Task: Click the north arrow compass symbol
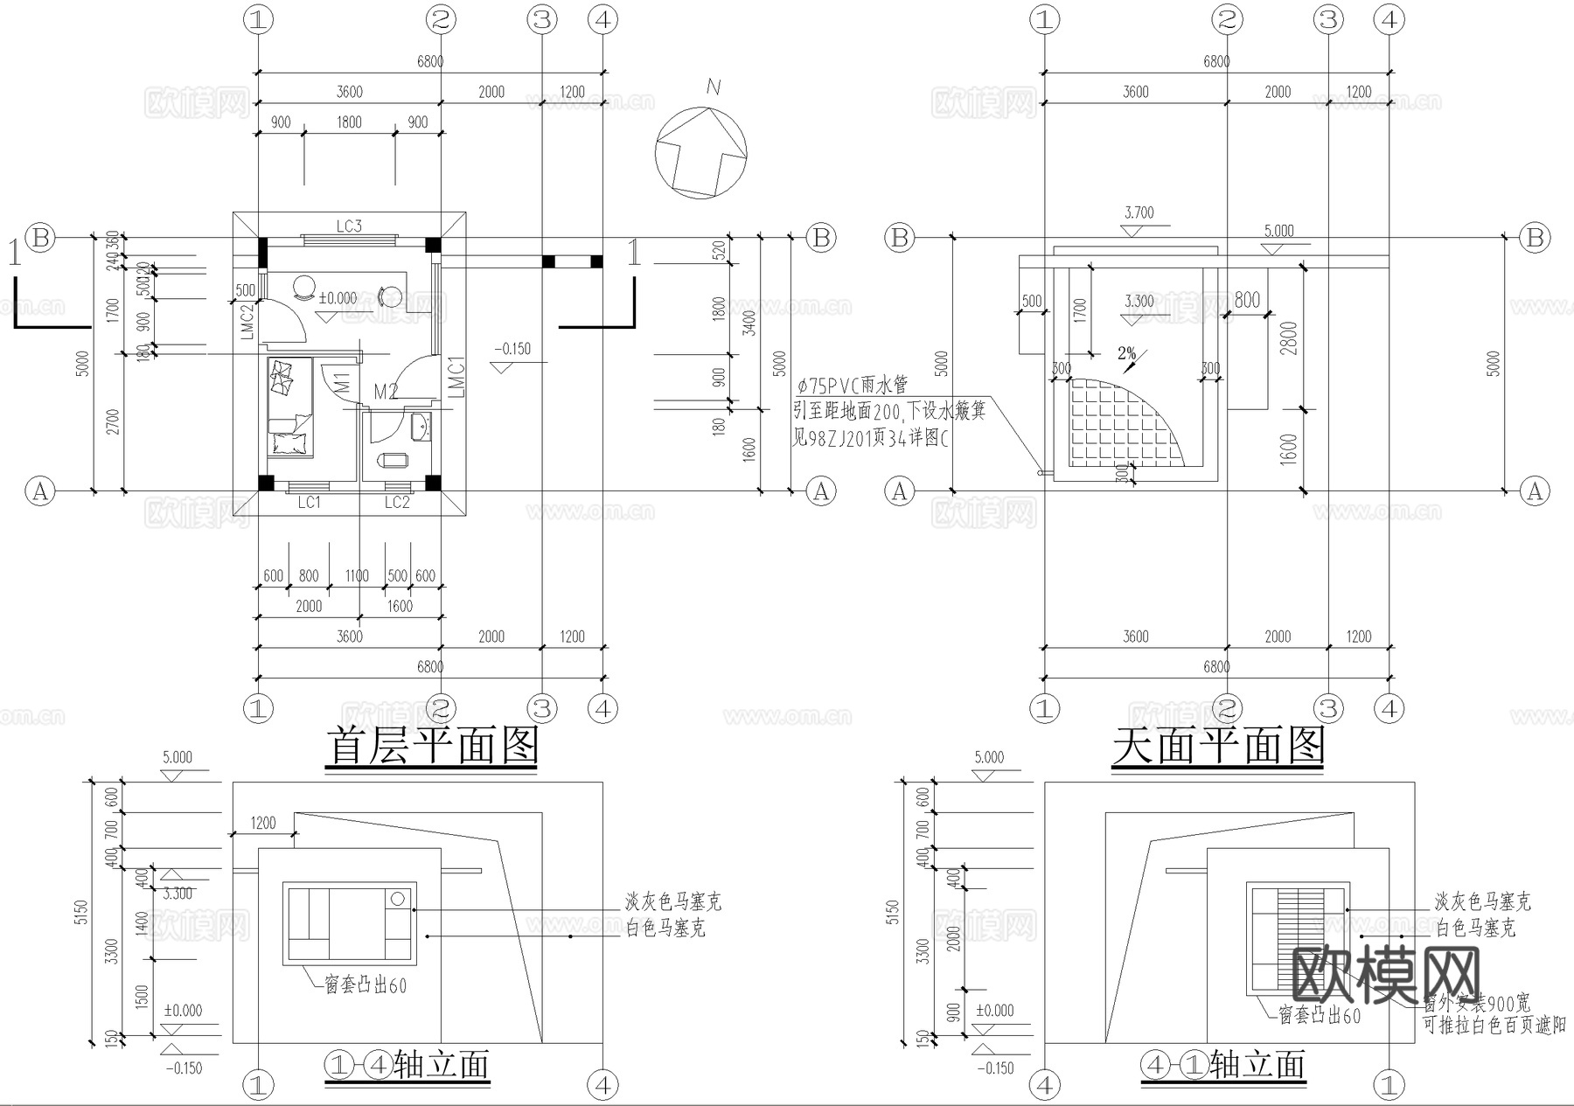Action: (x=701, y=152)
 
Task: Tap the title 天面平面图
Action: (x=1217, y=748)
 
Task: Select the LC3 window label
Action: (x=349, y=226)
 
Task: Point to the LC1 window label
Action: (x=310, y=503)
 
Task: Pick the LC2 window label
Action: (x=397, y=503)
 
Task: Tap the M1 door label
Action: (x=342, y=383)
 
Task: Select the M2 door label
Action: (x=386, y=393)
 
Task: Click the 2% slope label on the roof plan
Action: (x=1127, y=354)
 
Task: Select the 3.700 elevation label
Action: (x=1139, y=212)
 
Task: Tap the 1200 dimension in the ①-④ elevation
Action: (x=262, y=823)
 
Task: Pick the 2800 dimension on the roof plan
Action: (x=1291, y=338)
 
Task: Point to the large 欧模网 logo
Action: (x=1386, y=974)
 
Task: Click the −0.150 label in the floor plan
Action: (x=512, y=349)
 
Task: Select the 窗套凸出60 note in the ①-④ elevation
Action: (x=366, y=985)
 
